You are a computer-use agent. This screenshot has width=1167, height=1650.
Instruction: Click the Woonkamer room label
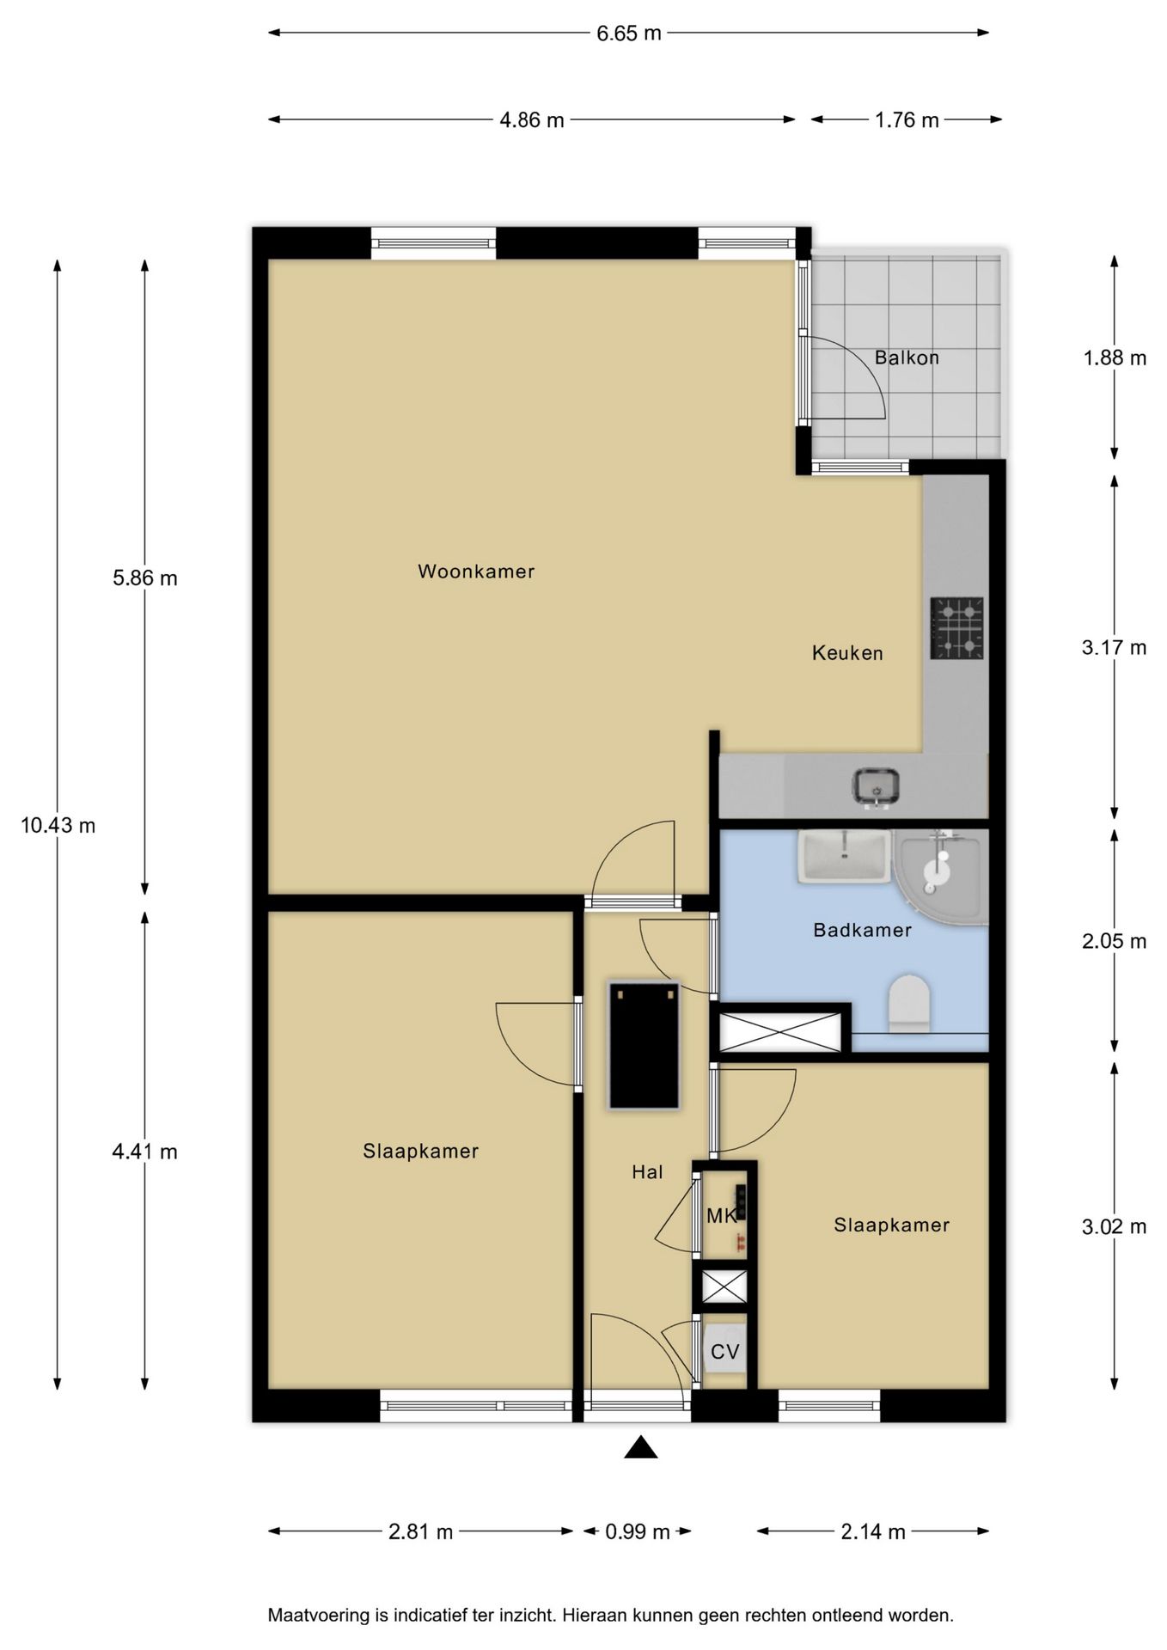click(x=476, y=571)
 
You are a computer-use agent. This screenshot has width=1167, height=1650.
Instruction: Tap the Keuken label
click(x=847, y=653)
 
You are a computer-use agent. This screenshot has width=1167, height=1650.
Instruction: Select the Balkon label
click(x=907, y=357)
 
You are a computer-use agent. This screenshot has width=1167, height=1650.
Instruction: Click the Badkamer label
click(x=862, y=930)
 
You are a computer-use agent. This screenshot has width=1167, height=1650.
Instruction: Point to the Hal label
click(x=647, y=1171)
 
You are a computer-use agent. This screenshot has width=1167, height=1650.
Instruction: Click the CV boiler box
click(x=724, y=1351)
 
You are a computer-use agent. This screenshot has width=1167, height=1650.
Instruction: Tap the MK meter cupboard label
click(x=721, y=1216)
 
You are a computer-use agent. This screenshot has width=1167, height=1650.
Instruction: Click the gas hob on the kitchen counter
click(x=956, y=628)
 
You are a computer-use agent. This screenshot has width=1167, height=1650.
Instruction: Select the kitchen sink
click(x=876, y=787)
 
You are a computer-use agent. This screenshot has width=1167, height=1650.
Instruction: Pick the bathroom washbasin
click(x=844, y=856)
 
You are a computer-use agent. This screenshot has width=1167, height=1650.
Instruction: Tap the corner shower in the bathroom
click(x=942, y=877)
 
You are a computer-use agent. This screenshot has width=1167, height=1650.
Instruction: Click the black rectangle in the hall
click(x=644, y=1046)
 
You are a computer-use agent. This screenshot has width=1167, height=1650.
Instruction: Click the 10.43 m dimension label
click(x=58, y=826)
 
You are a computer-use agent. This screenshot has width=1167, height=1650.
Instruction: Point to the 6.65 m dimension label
click(x=629, y=34)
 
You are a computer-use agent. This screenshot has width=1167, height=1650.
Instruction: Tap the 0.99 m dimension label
click(x=638, y=1532)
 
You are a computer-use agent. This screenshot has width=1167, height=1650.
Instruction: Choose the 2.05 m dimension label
click(x=1114, y=941)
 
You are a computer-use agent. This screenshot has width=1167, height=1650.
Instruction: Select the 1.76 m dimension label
click(x=907, y=120)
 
